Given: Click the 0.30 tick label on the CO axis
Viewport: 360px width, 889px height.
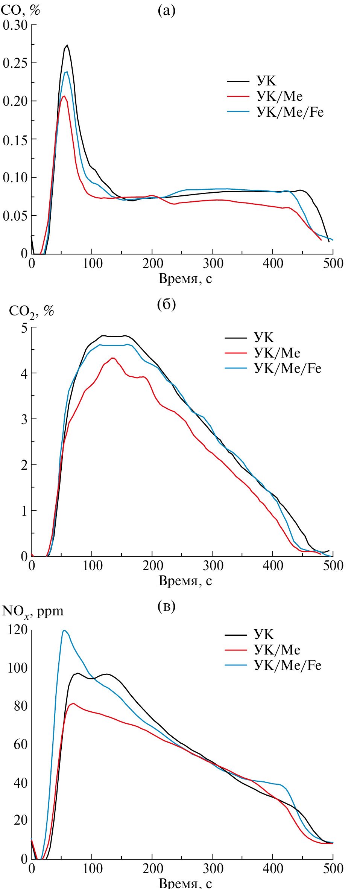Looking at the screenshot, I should pos(15,25).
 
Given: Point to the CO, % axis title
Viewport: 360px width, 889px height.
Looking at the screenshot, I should pos(20,10).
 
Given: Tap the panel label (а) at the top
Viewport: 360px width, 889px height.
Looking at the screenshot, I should pos(166,11).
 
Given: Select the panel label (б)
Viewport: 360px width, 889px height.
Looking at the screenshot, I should pos(166,304).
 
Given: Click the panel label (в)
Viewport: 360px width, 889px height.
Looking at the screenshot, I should pos(166,606).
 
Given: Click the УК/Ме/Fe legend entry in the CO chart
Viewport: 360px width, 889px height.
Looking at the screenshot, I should pos(290,112).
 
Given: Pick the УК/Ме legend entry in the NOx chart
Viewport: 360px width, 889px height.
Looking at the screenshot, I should pos(277,650).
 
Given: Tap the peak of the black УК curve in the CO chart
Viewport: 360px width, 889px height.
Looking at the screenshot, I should pos(67,45).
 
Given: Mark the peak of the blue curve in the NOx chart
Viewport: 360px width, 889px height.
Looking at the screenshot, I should pos(64,630).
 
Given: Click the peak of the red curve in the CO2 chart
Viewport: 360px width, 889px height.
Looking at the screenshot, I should pos(112,358).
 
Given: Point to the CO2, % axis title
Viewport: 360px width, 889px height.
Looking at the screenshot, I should pos(32,311).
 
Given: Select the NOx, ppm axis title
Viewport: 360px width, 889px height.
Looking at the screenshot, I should pos(33,611).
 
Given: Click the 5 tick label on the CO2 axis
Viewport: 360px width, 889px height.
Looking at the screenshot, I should pos(24,328).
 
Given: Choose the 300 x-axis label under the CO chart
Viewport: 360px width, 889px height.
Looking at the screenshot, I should pos(213,263).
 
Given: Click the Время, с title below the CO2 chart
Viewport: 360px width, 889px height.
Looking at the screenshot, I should pos(185,581).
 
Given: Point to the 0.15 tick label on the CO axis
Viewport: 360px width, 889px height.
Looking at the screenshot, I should pos(15,140).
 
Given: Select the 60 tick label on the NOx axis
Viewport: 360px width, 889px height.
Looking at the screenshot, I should pos(20,744).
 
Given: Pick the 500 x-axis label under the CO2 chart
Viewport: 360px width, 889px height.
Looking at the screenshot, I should pos(333,565).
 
